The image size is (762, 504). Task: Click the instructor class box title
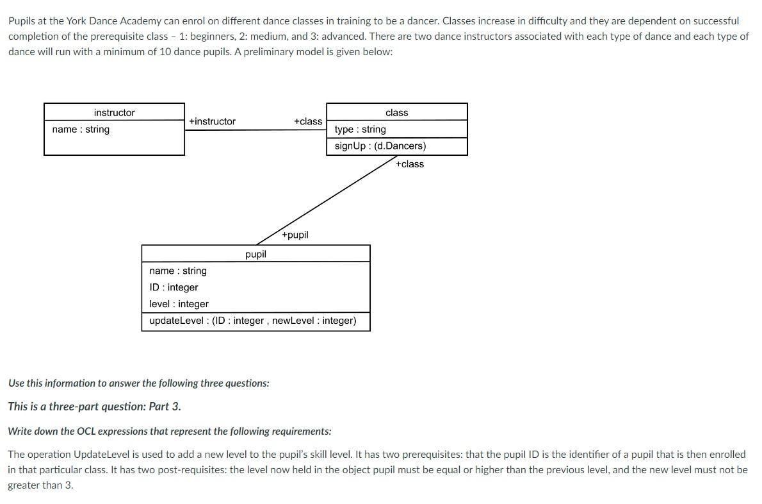click(x=114, y=113)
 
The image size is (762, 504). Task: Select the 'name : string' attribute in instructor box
click(x=81, y=130)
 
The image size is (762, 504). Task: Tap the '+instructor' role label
click(x=212, y=121)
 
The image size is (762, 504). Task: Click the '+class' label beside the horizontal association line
click(x=308, y=121)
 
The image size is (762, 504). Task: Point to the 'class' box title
click(x=396, y=113)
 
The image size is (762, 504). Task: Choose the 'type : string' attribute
click(x=360, y=130)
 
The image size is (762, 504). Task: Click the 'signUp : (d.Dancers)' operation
click(x=380, y=146)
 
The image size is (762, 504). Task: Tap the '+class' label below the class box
click(x=409, y=164)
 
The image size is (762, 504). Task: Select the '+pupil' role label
click(x=295, y=235)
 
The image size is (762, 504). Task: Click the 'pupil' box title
click(x=255, y=255)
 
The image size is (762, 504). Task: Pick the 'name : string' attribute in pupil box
click(x=178, y=271)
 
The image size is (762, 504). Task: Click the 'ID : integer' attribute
click(x=174, y=287)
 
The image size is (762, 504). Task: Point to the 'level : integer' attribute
click(x=179, y=304)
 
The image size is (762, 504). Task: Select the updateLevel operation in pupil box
click(x=252, y=321)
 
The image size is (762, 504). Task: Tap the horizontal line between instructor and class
click(x=256, y=130)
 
